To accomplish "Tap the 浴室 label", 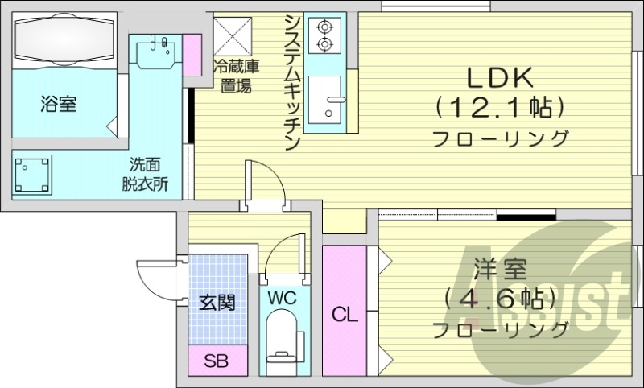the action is [x=58, y=104].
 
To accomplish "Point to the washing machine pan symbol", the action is [x=32, y=175].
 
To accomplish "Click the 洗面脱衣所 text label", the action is [x=145, y=175].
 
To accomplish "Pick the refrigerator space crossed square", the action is [x=232, y=35].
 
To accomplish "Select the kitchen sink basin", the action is [x=324, y=99].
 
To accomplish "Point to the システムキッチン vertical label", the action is [x=293, y=82].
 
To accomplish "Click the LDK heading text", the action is [x=500, y=77].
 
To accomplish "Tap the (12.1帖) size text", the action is [x=499, y=108].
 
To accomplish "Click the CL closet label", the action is [x=345, y=316].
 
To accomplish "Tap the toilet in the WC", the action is [x=283, y=341].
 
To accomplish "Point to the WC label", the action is [x=283, y=298].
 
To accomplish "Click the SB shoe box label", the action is [x=217, y=361].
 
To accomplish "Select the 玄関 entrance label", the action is [x=217, y=303].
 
